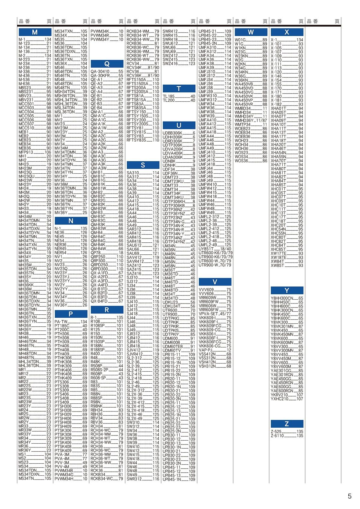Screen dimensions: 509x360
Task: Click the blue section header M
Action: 35,32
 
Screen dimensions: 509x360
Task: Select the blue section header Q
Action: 107,64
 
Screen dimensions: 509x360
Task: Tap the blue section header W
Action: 251,32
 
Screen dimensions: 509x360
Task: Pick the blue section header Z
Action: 287,424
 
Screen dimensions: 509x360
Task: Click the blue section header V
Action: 215,282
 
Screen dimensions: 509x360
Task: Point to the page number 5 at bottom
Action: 349,496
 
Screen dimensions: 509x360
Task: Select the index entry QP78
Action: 96,253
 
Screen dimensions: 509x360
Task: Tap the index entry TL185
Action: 169,96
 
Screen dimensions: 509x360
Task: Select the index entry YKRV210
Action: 279,395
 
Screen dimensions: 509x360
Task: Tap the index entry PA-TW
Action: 61,322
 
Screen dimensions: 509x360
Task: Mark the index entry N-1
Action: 58,229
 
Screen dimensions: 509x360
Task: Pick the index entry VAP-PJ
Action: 205,350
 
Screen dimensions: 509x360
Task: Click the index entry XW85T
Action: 277,265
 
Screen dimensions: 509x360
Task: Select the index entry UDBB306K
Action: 172,133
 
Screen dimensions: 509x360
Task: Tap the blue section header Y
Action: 287,290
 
